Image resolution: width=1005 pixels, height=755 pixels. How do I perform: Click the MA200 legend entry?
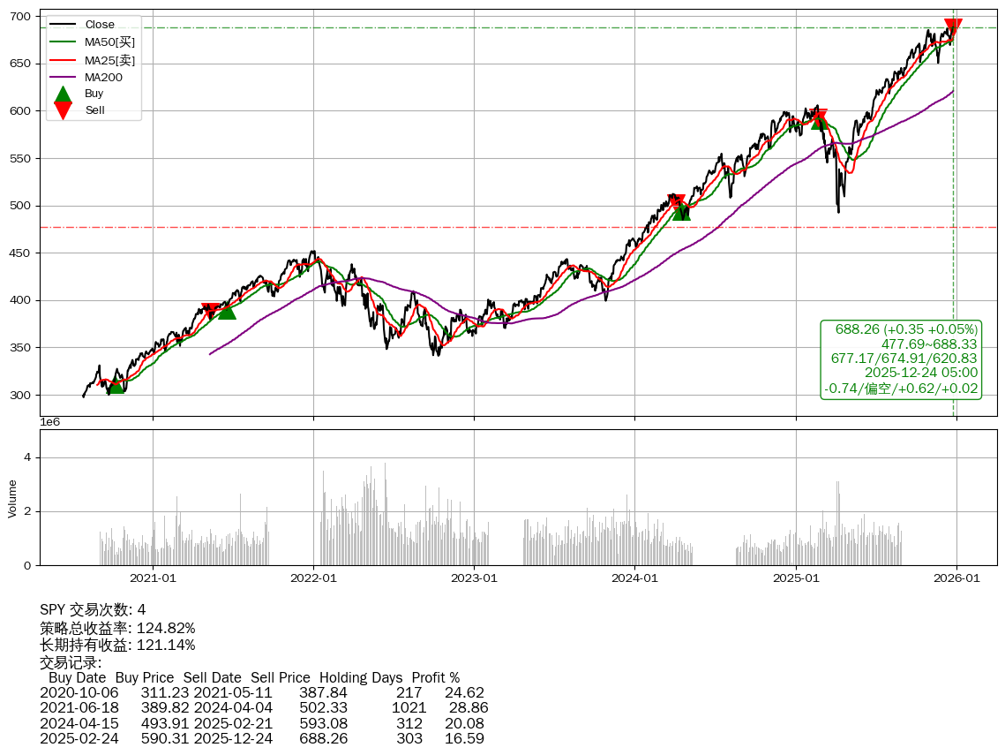coord(103,77)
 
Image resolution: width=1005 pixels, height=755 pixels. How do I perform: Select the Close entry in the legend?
coord(100,25)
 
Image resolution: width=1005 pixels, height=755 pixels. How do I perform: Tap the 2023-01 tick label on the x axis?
coord(475,578)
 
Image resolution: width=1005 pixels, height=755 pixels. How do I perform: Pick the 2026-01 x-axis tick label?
coord(956,578)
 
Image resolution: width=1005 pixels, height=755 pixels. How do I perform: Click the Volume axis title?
coord(12,498)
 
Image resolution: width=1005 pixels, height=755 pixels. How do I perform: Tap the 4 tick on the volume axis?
coord(27,457)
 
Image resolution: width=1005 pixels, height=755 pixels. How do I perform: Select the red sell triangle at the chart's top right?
coord(953,27)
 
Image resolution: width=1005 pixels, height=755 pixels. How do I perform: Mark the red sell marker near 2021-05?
coord(210,311)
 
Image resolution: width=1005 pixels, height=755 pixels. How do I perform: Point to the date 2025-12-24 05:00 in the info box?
coord(921,373)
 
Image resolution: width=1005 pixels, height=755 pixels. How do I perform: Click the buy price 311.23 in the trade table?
coord(165,692)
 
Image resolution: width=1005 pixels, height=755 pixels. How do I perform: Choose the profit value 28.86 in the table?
coord(469,707)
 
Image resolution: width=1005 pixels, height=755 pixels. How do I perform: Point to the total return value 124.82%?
coord(166,628)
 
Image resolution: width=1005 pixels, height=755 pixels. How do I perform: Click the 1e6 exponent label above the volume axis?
coord(50,423)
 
